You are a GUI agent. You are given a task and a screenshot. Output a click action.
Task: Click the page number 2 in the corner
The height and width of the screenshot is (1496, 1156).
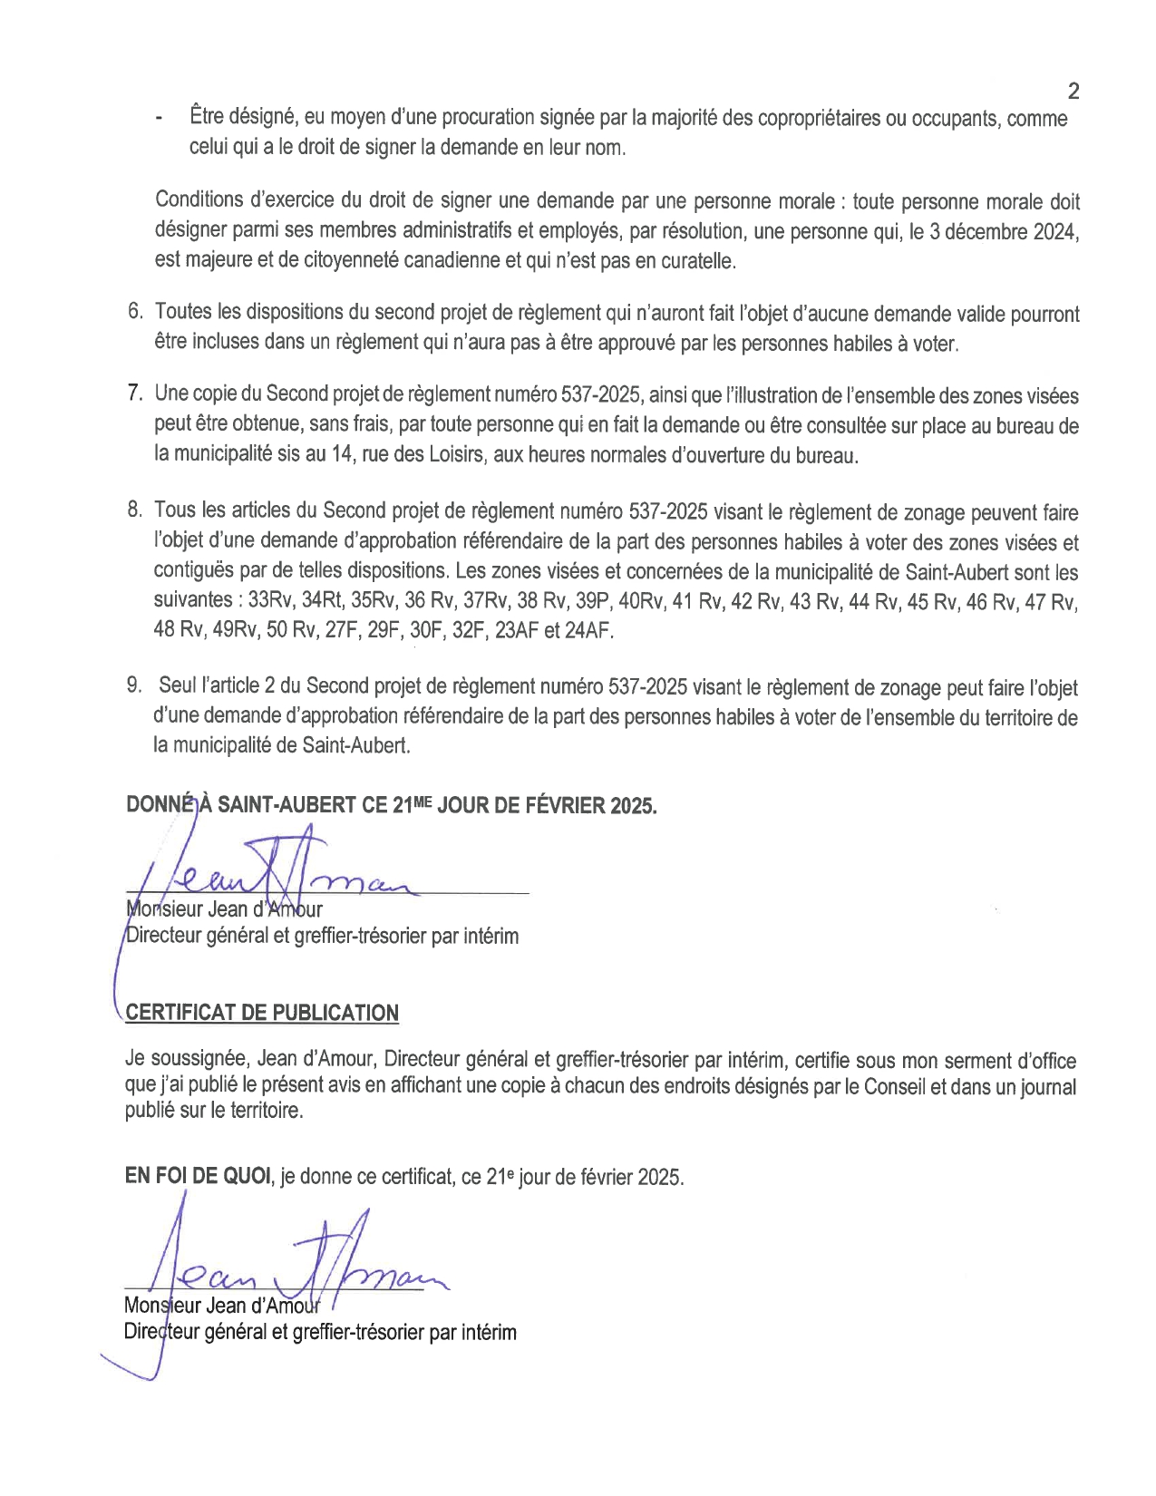(1073, 91)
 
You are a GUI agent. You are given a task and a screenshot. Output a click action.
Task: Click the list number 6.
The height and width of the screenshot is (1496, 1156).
(134, 312)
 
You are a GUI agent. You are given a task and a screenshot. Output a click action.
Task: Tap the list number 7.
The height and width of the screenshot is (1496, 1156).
(134, 393)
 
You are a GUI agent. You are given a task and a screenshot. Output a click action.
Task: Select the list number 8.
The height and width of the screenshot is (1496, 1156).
(134, 510)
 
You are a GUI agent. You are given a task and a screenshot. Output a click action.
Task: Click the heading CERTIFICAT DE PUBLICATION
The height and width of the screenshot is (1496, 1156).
(262, 1013)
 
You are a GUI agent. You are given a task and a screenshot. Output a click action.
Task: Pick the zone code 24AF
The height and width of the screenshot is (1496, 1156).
(588, 630)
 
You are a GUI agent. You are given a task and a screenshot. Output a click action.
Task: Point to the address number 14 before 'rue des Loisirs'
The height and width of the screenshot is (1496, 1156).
(341, 454)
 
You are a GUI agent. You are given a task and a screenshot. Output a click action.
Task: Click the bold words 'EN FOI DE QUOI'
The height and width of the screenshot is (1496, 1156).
(198, 1176)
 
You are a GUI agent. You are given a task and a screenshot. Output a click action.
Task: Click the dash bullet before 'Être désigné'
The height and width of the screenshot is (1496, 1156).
(160, 119)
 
